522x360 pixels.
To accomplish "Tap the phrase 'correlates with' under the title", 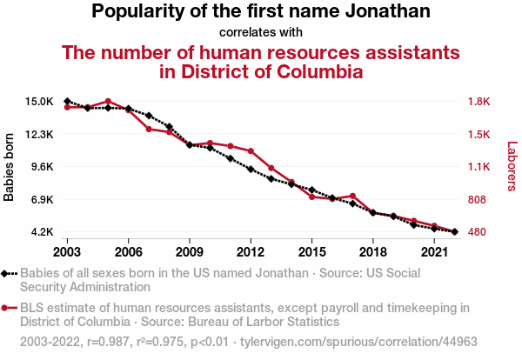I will [x=261, y=33].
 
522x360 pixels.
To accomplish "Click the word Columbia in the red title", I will [x=311, y=71].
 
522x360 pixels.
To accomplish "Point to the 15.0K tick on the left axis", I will [x=38, y=102].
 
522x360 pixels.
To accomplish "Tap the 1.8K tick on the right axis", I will [x=480, y=102].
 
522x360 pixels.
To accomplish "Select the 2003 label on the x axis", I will [x=67, y=251].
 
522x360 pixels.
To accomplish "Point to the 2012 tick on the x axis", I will [x=251, y=251].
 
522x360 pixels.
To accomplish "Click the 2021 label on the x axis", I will [x=433, y=251].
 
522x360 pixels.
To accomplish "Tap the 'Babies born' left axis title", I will [x=10, y=167].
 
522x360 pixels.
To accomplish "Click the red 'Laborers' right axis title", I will [x=512, y=167].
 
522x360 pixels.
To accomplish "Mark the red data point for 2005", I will [x=108, y=102].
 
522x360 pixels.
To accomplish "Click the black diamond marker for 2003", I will [x=67, y=102].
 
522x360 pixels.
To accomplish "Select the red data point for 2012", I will [x=251, y=151].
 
